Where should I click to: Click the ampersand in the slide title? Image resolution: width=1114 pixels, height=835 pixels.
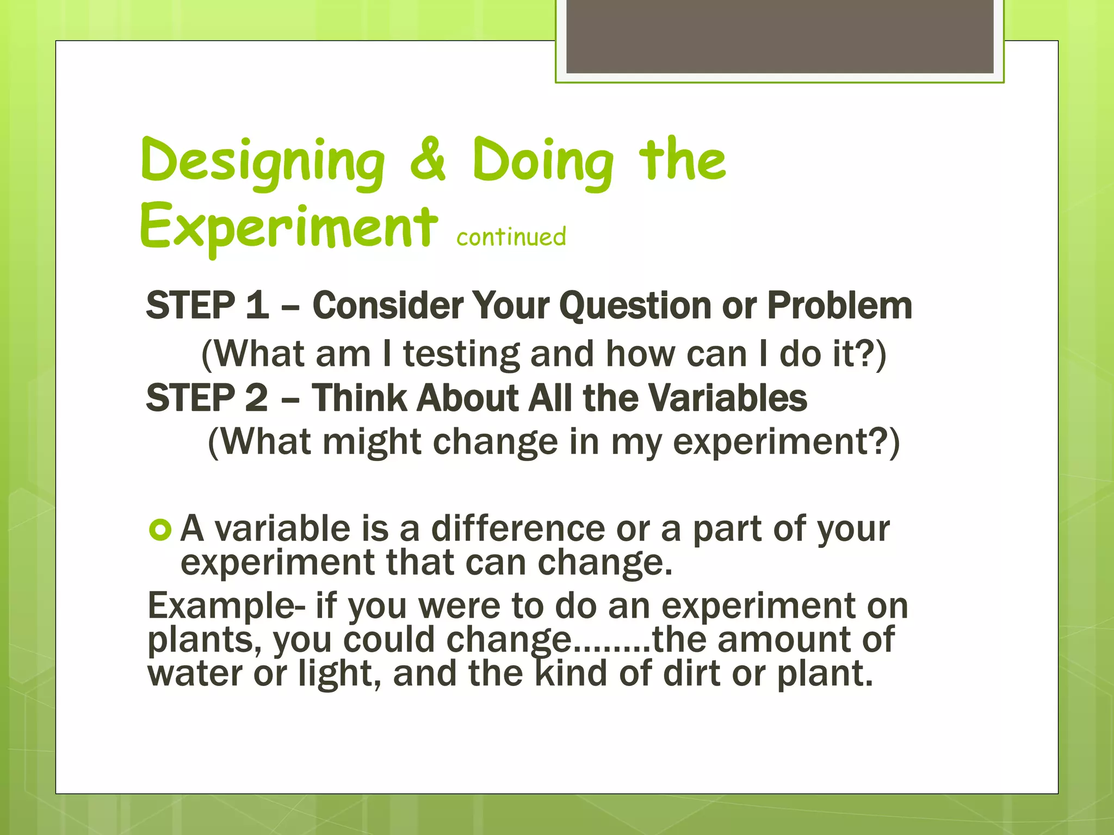[x=428, y=160]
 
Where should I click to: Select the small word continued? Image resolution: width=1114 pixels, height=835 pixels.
[x=511, y=237]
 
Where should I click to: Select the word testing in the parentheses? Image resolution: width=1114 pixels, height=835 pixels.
[x=461, y=354]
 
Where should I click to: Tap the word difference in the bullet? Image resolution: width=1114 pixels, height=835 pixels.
[x=518, y=528]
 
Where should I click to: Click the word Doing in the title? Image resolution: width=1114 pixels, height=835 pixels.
[x=543, y=161]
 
